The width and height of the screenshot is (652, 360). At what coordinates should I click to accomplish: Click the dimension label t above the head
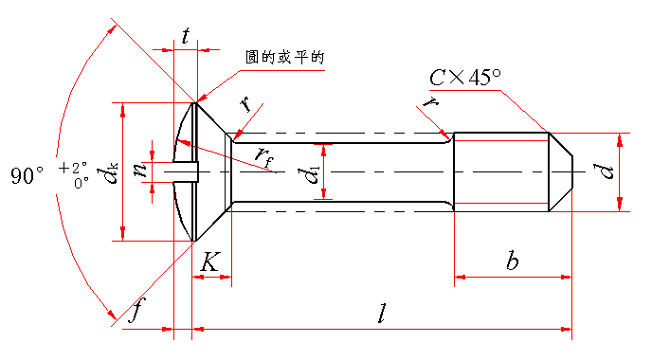(185, 36)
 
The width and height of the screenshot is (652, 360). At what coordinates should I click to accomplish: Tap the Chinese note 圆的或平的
(285, 58)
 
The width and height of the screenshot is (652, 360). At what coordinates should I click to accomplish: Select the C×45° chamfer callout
(465, 77)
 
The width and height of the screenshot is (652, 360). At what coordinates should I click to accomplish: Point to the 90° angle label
(27, 176)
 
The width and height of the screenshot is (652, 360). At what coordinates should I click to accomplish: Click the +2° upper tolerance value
(73, 168)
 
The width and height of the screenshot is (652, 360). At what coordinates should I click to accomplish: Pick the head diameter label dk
(107, 173)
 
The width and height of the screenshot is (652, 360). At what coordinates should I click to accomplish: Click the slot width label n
(140, 170)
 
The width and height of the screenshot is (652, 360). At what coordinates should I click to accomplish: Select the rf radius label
(264, 157)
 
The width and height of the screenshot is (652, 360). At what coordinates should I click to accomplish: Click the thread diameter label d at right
(607, 171)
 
